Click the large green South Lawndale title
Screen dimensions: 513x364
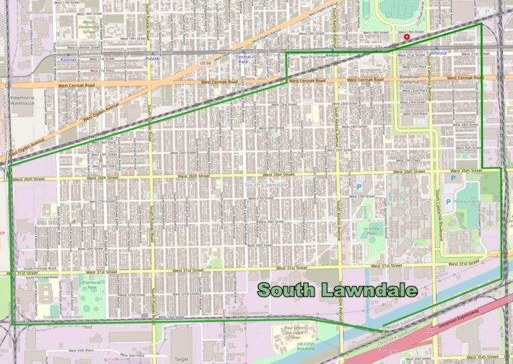point(337,290)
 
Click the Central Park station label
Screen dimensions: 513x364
point(244,60)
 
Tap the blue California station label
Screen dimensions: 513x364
point(438,53)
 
